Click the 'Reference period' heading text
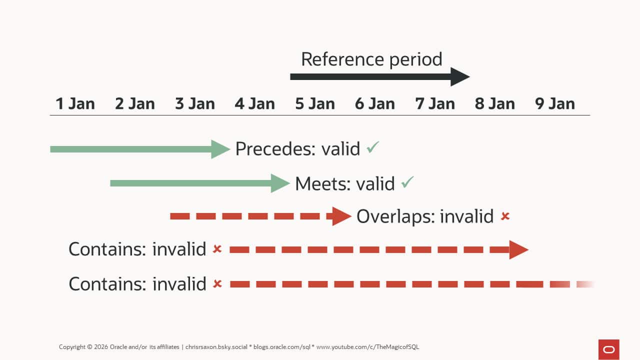[x=371, y=59]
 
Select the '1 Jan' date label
[x=75, y=104]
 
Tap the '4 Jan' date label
[x=255, y=104]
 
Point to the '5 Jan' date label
[x=315, y=104]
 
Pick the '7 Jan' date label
[x=435, y=104]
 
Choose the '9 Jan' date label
[x=555, y=104]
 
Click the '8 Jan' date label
[x=495, y=104]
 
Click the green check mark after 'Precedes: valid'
[x=373, y=147]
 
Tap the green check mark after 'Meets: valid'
[x=408, y=182]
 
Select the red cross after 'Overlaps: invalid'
[x=505, y=216]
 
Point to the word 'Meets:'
[x=323, y=184]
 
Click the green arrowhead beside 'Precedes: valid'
[x=220, y=149]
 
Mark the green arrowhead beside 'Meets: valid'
[x=280, y=183]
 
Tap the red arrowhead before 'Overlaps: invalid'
[x=341, y=216]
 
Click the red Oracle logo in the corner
[x=608, y=349]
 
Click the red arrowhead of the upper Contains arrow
[x=518, y=249]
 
